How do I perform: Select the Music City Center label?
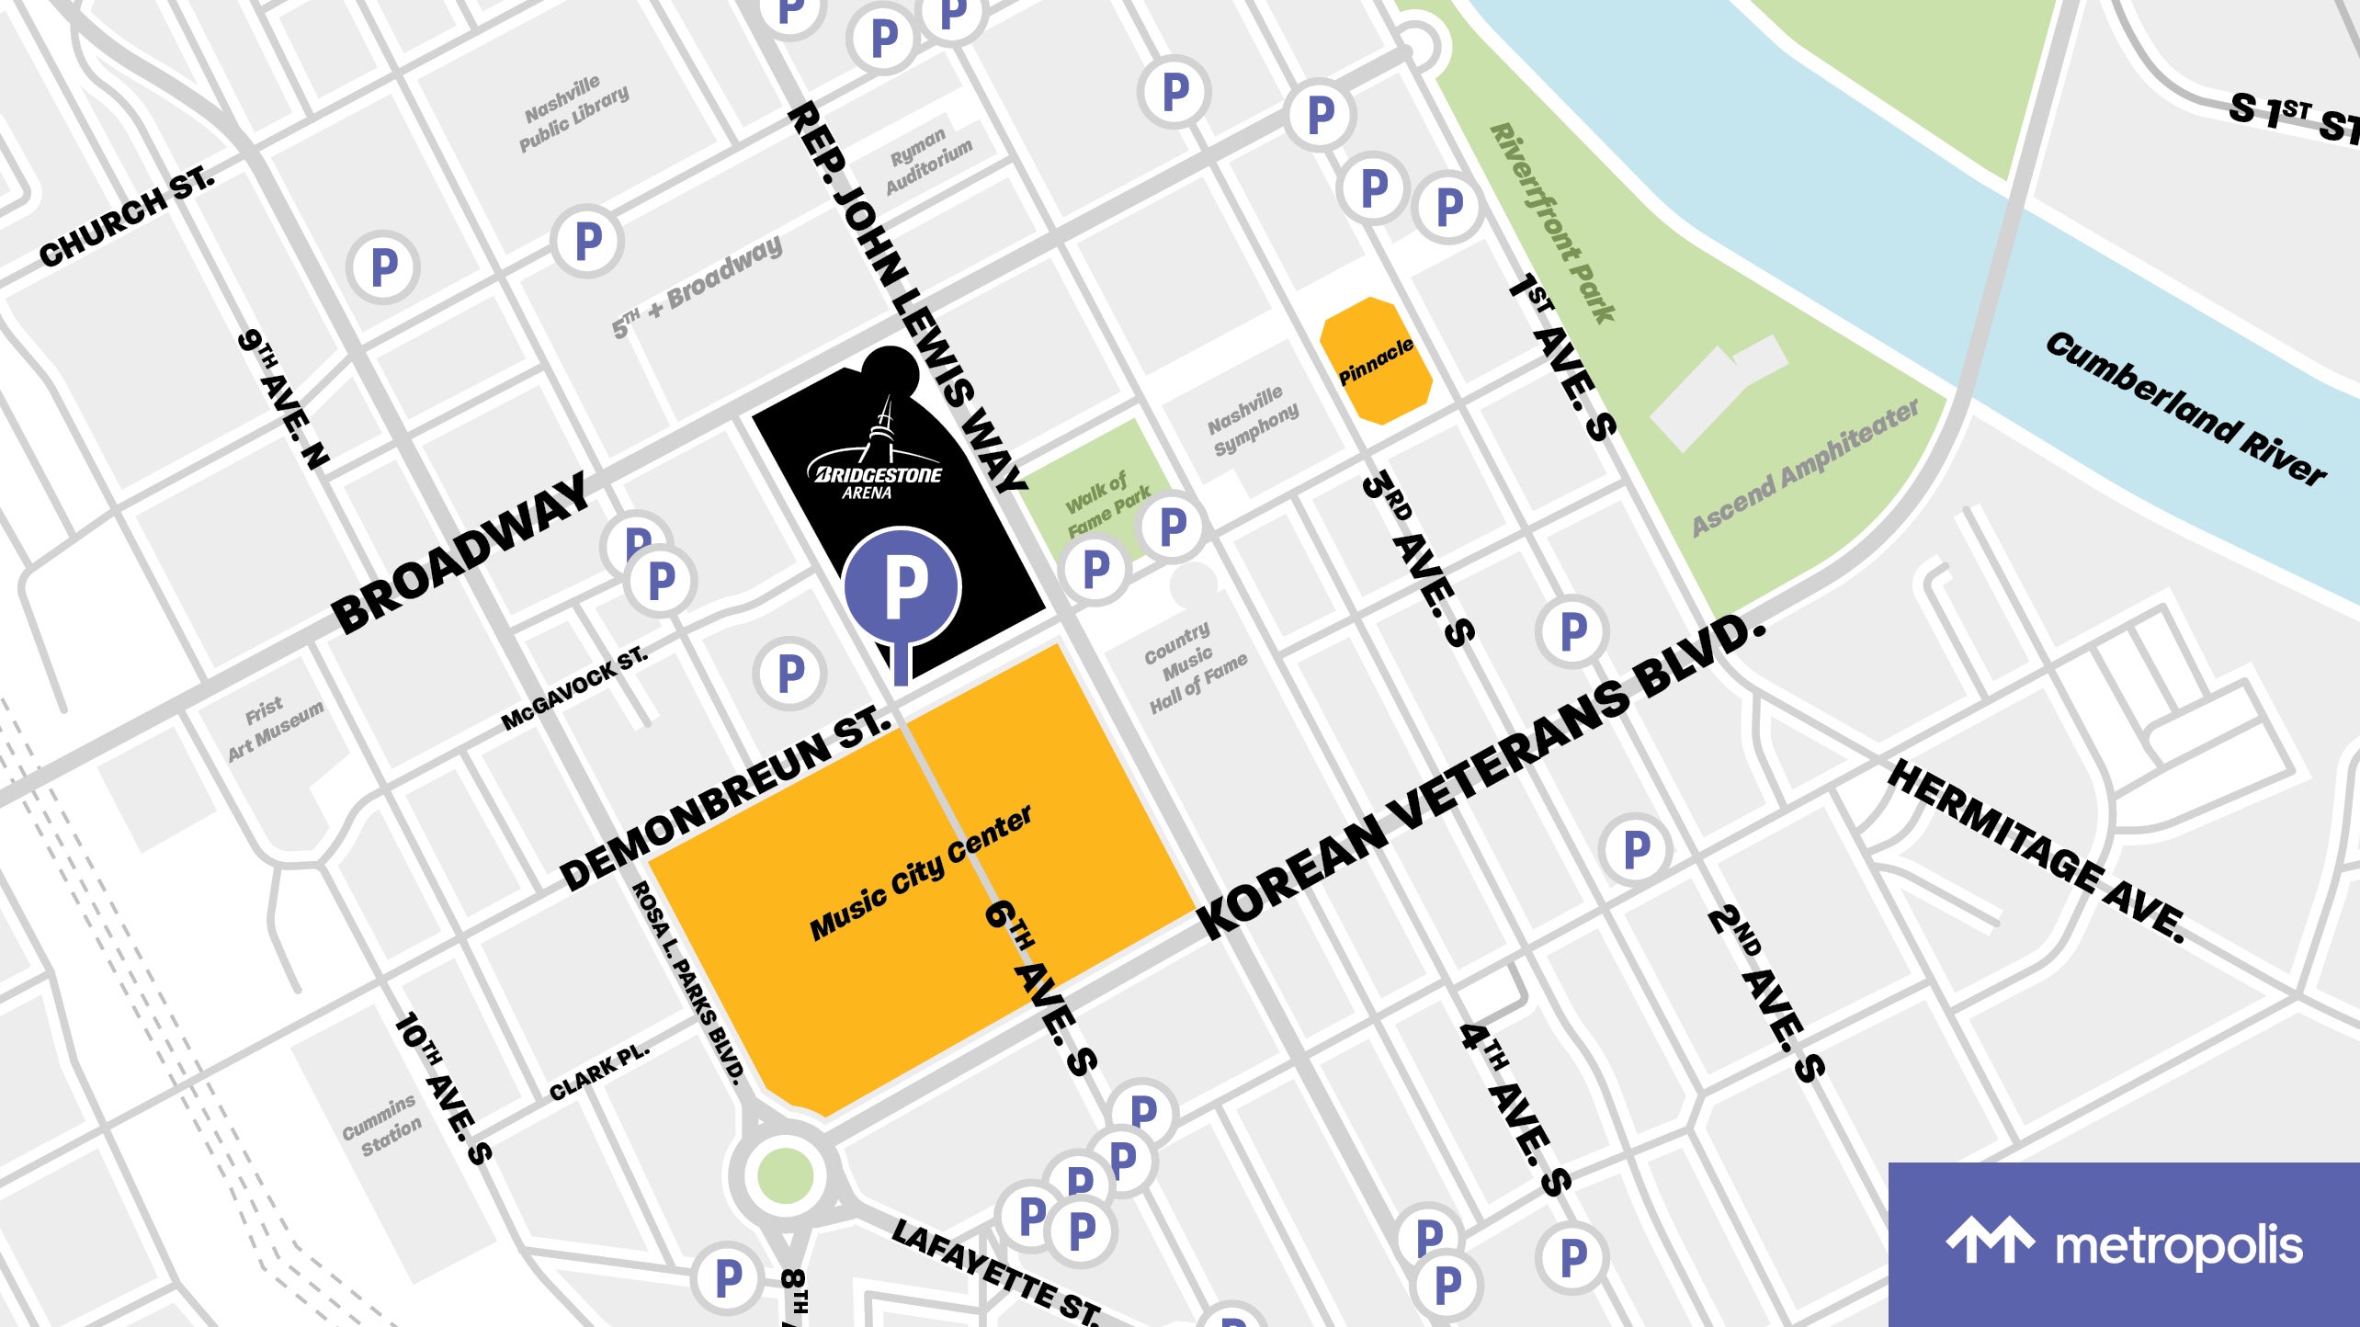point(920,874)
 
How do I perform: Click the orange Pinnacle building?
point(1376,361)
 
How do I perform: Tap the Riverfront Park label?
point(1552,223)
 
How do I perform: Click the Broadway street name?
point(460,553)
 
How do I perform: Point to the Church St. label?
point(127,217)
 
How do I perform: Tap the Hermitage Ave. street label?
point(2037,851)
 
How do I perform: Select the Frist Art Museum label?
point(273,729)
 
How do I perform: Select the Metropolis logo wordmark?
point(2178,1246)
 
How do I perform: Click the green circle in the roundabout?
point(785,1174)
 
